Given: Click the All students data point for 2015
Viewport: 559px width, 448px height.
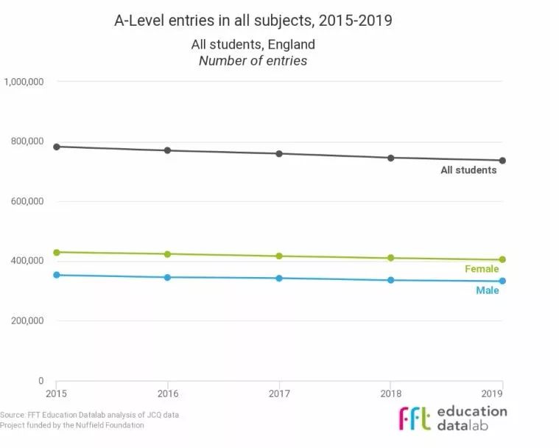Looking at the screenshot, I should point(57,147).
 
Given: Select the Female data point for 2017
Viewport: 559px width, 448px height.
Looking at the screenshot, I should point(279,256).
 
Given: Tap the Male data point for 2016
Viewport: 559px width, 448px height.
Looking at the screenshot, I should point(168,277).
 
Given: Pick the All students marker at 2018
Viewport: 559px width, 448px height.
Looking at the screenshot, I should point(391,158).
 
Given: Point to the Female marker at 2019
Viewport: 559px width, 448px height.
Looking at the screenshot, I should point(502,259).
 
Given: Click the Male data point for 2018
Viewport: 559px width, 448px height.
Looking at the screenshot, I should point(391,280).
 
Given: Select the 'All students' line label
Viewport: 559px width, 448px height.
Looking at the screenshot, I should point(468,170).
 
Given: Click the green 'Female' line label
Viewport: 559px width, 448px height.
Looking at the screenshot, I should point(482,269).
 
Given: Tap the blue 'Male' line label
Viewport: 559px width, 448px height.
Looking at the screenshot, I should point(487,290).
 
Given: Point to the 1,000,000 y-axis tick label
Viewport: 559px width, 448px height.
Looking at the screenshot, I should point(25,82).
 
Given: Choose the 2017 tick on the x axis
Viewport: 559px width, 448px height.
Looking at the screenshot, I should point(279,392).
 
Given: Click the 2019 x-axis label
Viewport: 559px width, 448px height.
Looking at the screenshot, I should point(502,392).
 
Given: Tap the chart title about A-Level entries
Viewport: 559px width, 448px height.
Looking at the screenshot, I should point(253,21).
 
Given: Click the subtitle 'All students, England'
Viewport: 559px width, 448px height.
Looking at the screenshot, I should point(253,45).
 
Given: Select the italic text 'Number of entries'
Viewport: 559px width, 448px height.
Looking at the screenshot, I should point(253,60).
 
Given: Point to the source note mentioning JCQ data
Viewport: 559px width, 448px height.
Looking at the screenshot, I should point(89,415).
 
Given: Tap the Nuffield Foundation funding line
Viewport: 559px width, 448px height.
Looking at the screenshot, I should point(72,425).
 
